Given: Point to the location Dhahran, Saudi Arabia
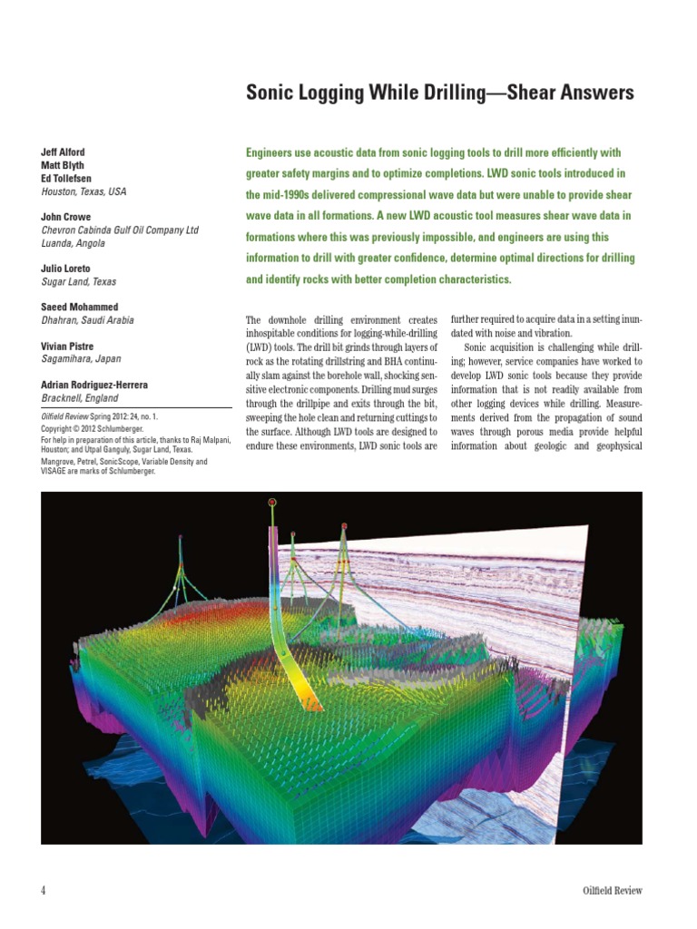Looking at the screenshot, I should tap(86, 320).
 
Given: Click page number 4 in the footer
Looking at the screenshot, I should tap(44, 890).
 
